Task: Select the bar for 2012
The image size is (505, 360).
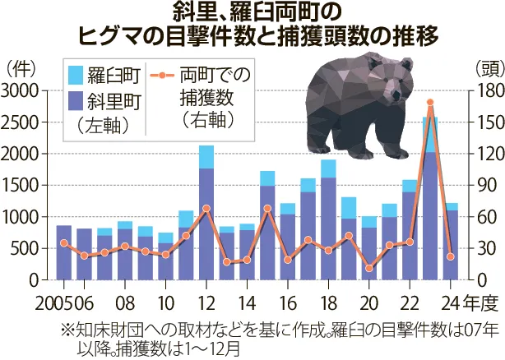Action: [206, 218]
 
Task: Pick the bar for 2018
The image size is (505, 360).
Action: [328, 226]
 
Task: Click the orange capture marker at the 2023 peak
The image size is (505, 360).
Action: [430, 103]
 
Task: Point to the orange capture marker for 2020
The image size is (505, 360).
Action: [369, 268]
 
